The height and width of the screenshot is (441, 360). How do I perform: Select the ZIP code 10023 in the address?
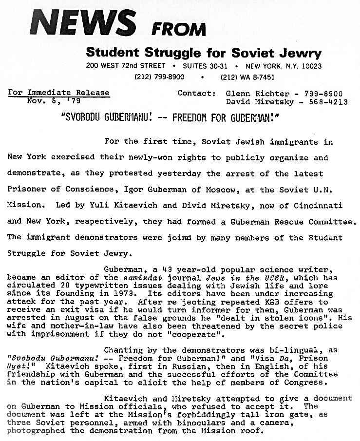coord(310,66)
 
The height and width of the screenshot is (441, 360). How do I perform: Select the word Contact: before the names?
coord(196,93)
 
